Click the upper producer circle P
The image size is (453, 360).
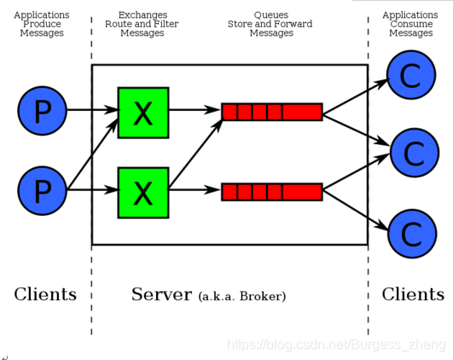point(43,111)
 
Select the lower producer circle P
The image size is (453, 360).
point(43,191)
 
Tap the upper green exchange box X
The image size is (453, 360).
point(143,113)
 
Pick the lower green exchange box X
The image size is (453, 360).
point(143,193)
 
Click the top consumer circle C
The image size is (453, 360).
point(411,75)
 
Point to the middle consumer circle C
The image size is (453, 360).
point(415,153)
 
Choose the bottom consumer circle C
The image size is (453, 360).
point(412,234)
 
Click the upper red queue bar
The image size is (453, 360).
point(272,112)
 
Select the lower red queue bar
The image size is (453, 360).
point(272,192)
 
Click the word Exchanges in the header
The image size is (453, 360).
point(142,15)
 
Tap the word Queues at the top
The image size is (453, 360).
point(271,15)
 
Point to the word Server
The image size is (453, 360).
point(161,294)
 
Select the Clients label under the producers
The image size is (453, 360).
point(45,294)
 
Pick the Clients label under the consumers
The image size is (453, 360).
point(413,294)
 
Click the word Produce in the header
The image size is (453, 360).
point(42,24)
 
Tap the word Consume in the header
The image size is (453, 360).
point(411,24)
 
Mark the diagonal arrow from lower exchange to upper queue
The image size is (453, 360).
point(195,154)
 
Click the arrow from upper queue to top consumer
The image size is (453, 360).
point(356,96)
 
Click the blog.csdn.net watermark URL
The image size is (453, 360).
point(336,345)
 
